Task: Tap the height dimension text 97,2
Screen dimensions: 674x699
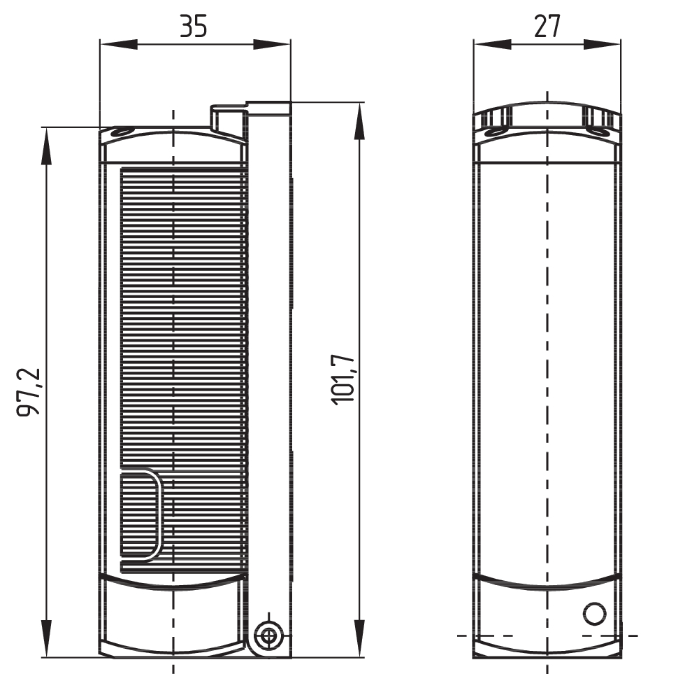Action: click(29, 391)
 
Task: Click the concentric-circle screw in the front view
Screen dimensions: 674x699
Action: click(268, 636)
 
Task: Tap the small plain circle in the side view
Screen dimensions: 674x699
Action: click(594, 613)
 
